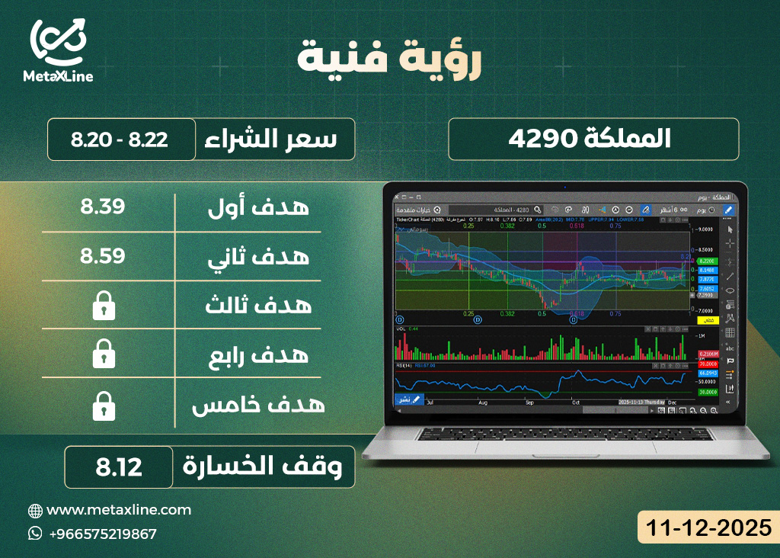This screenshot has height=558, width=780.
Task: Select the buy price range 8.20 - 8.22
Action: point(120,140)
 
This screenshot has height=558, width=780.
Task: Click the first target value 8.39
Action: point(102,207)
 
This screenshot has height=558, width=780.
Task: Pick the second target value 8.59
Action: point(102,255)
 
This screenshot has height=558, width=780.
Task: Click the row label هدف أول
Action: point(258,207)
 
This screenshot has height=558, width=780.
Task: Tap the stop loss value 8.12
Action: point(119,467)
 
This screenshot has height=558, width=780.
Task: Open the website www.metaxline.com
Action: point(119,510)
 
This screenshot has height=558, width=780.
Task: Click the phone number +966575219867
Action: point(102,534)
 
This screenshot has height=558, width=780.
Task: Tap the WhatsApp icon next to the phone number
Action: point(35,534)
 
